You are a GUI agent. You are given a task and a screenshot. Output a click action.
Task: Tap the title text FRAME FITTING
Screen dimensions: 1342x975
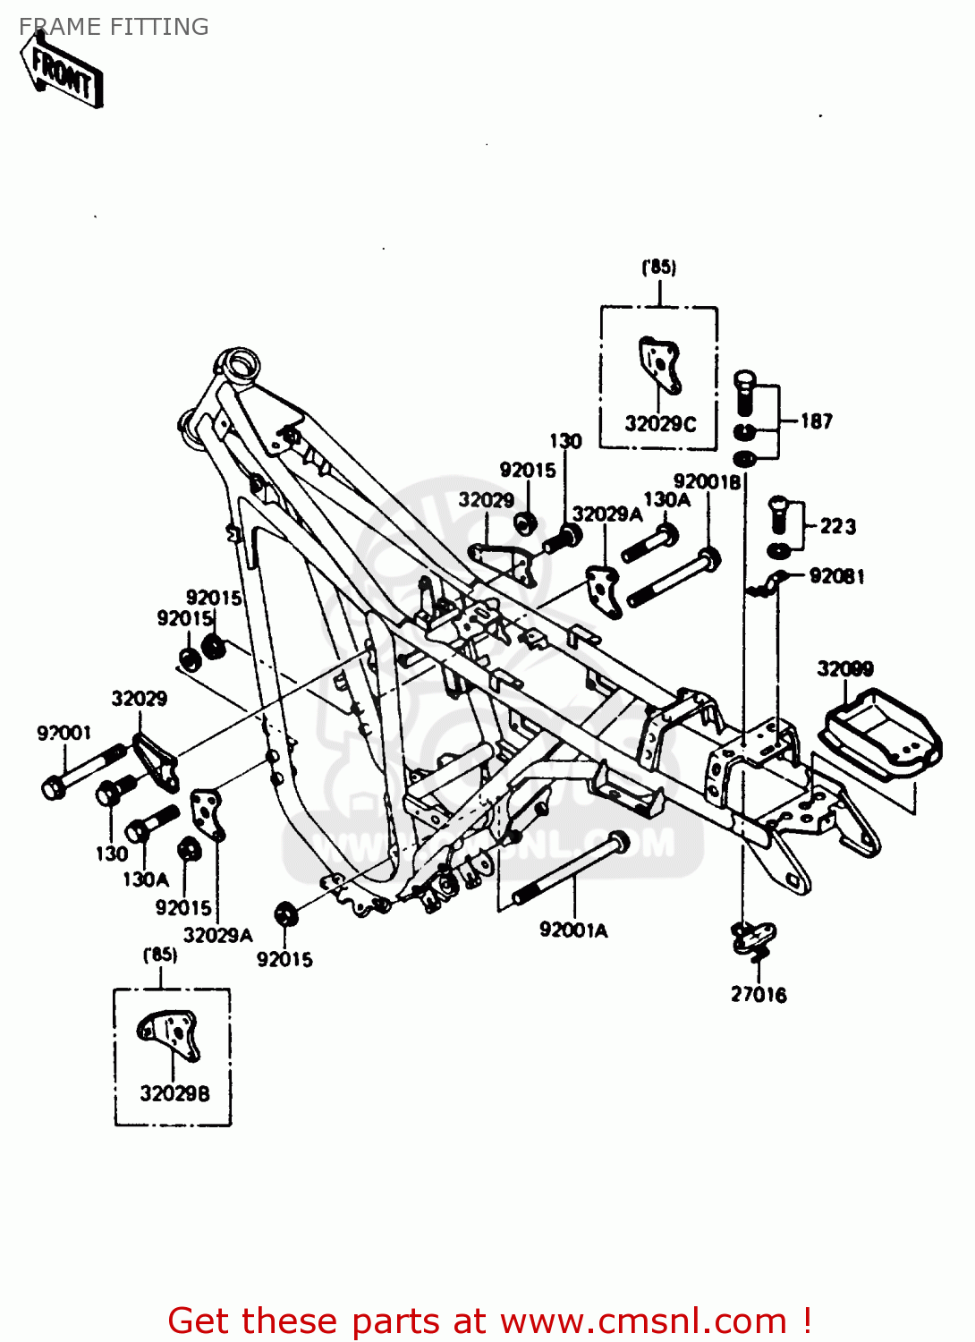(114, 27)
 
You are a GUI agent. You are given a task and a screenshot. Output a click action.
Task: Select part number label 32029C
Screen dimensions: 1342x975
(659, 424)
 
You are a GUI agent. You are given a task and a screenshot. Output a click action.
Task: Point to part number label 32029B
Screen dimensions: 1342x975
(174, 1093)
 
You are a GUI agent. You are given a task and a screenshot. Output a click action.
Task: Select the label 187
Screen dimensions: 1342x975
(816, 421)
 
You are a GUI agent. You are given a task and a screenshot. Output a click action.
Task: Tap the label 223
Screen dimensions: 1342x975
(837, 527)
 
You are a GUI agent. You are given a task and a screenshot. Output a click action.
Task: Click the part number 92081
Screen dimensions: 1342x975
(836, 576)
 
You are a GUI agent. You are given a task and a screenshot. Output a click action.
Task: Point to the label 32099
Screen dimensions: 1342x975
(844, 669)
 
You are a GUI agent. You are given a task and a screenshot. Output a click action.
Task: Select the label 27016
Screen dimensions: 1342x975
(759, 995)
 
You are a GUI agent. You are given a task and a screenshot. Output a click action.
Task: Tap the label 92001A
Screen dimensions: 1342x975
(573, 930)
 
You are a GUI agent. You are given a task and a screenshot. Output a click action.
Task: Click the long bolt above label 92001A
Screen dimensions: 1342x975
(571, 867)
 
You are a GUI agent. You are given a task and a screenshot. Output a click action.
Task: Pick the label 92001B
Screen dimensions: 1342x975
(707, 482)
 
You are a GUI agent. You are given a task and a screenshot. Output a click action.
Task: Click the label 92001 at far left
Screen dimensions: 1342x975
(64, 734)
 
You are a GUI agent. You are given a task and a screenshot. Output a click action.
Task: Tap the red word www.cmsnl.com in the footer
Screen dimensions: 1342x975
(643, 1321)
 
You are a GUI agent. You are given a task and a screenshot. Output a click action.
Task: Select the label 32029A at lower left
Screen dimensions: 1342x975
(217, 936)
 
